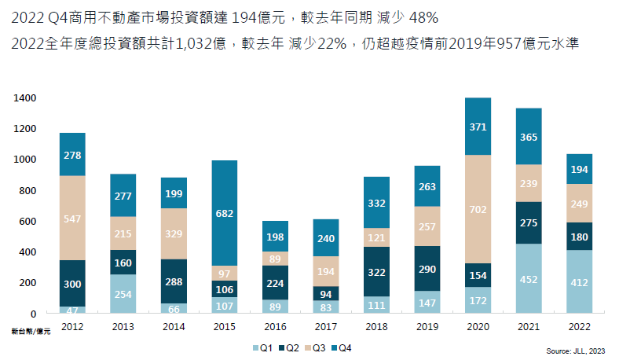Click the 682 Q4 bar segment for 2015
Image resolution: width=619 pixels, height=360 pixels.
point(224,213)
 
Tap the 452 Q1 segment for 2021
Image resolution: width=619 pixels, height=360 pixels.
point(529,279)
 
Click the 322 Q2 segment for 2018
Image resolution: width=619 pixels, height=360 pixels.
point(376,272)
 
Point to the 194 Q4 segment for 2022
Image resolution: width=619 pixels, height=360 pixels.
point(579,169)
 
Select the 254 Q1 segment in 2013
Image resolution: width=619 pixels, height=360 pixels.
point(123,294)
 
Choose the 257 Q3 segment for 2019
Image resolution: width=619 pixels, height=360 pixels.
point(427,226)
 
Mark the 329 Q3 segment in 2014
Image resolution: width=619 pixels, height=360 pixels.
point(174,233)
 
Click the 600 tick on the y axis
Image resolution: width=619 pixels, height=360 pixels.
point(27,222)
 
